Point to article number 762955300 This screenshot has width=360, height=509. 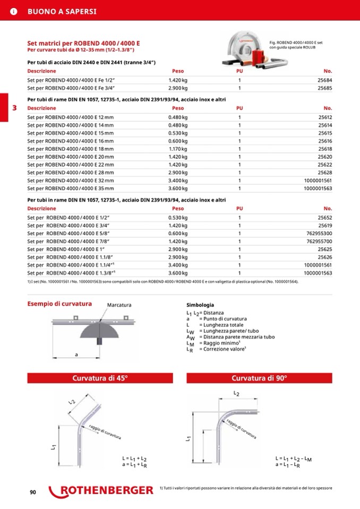(x=319, y=233)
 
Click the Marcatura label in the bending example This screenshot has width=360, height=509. (x=119, y=305)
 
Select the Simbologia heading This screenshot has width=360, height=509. (x=200, y=305)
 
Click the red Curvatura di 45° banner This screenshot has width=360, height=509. (x=100, y=378)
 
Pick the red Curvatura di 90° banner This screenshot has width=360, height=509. (x=259, y=378)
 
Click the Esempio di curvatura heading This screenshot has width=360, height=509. (x=59, y=304)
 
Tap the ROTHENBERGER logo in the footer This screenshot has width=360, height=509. (x=101, y=491)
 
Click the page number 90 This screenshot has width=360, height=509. (x=32, y=493)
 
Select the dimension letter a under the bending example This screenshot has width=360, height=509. (x=76, y=354)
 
